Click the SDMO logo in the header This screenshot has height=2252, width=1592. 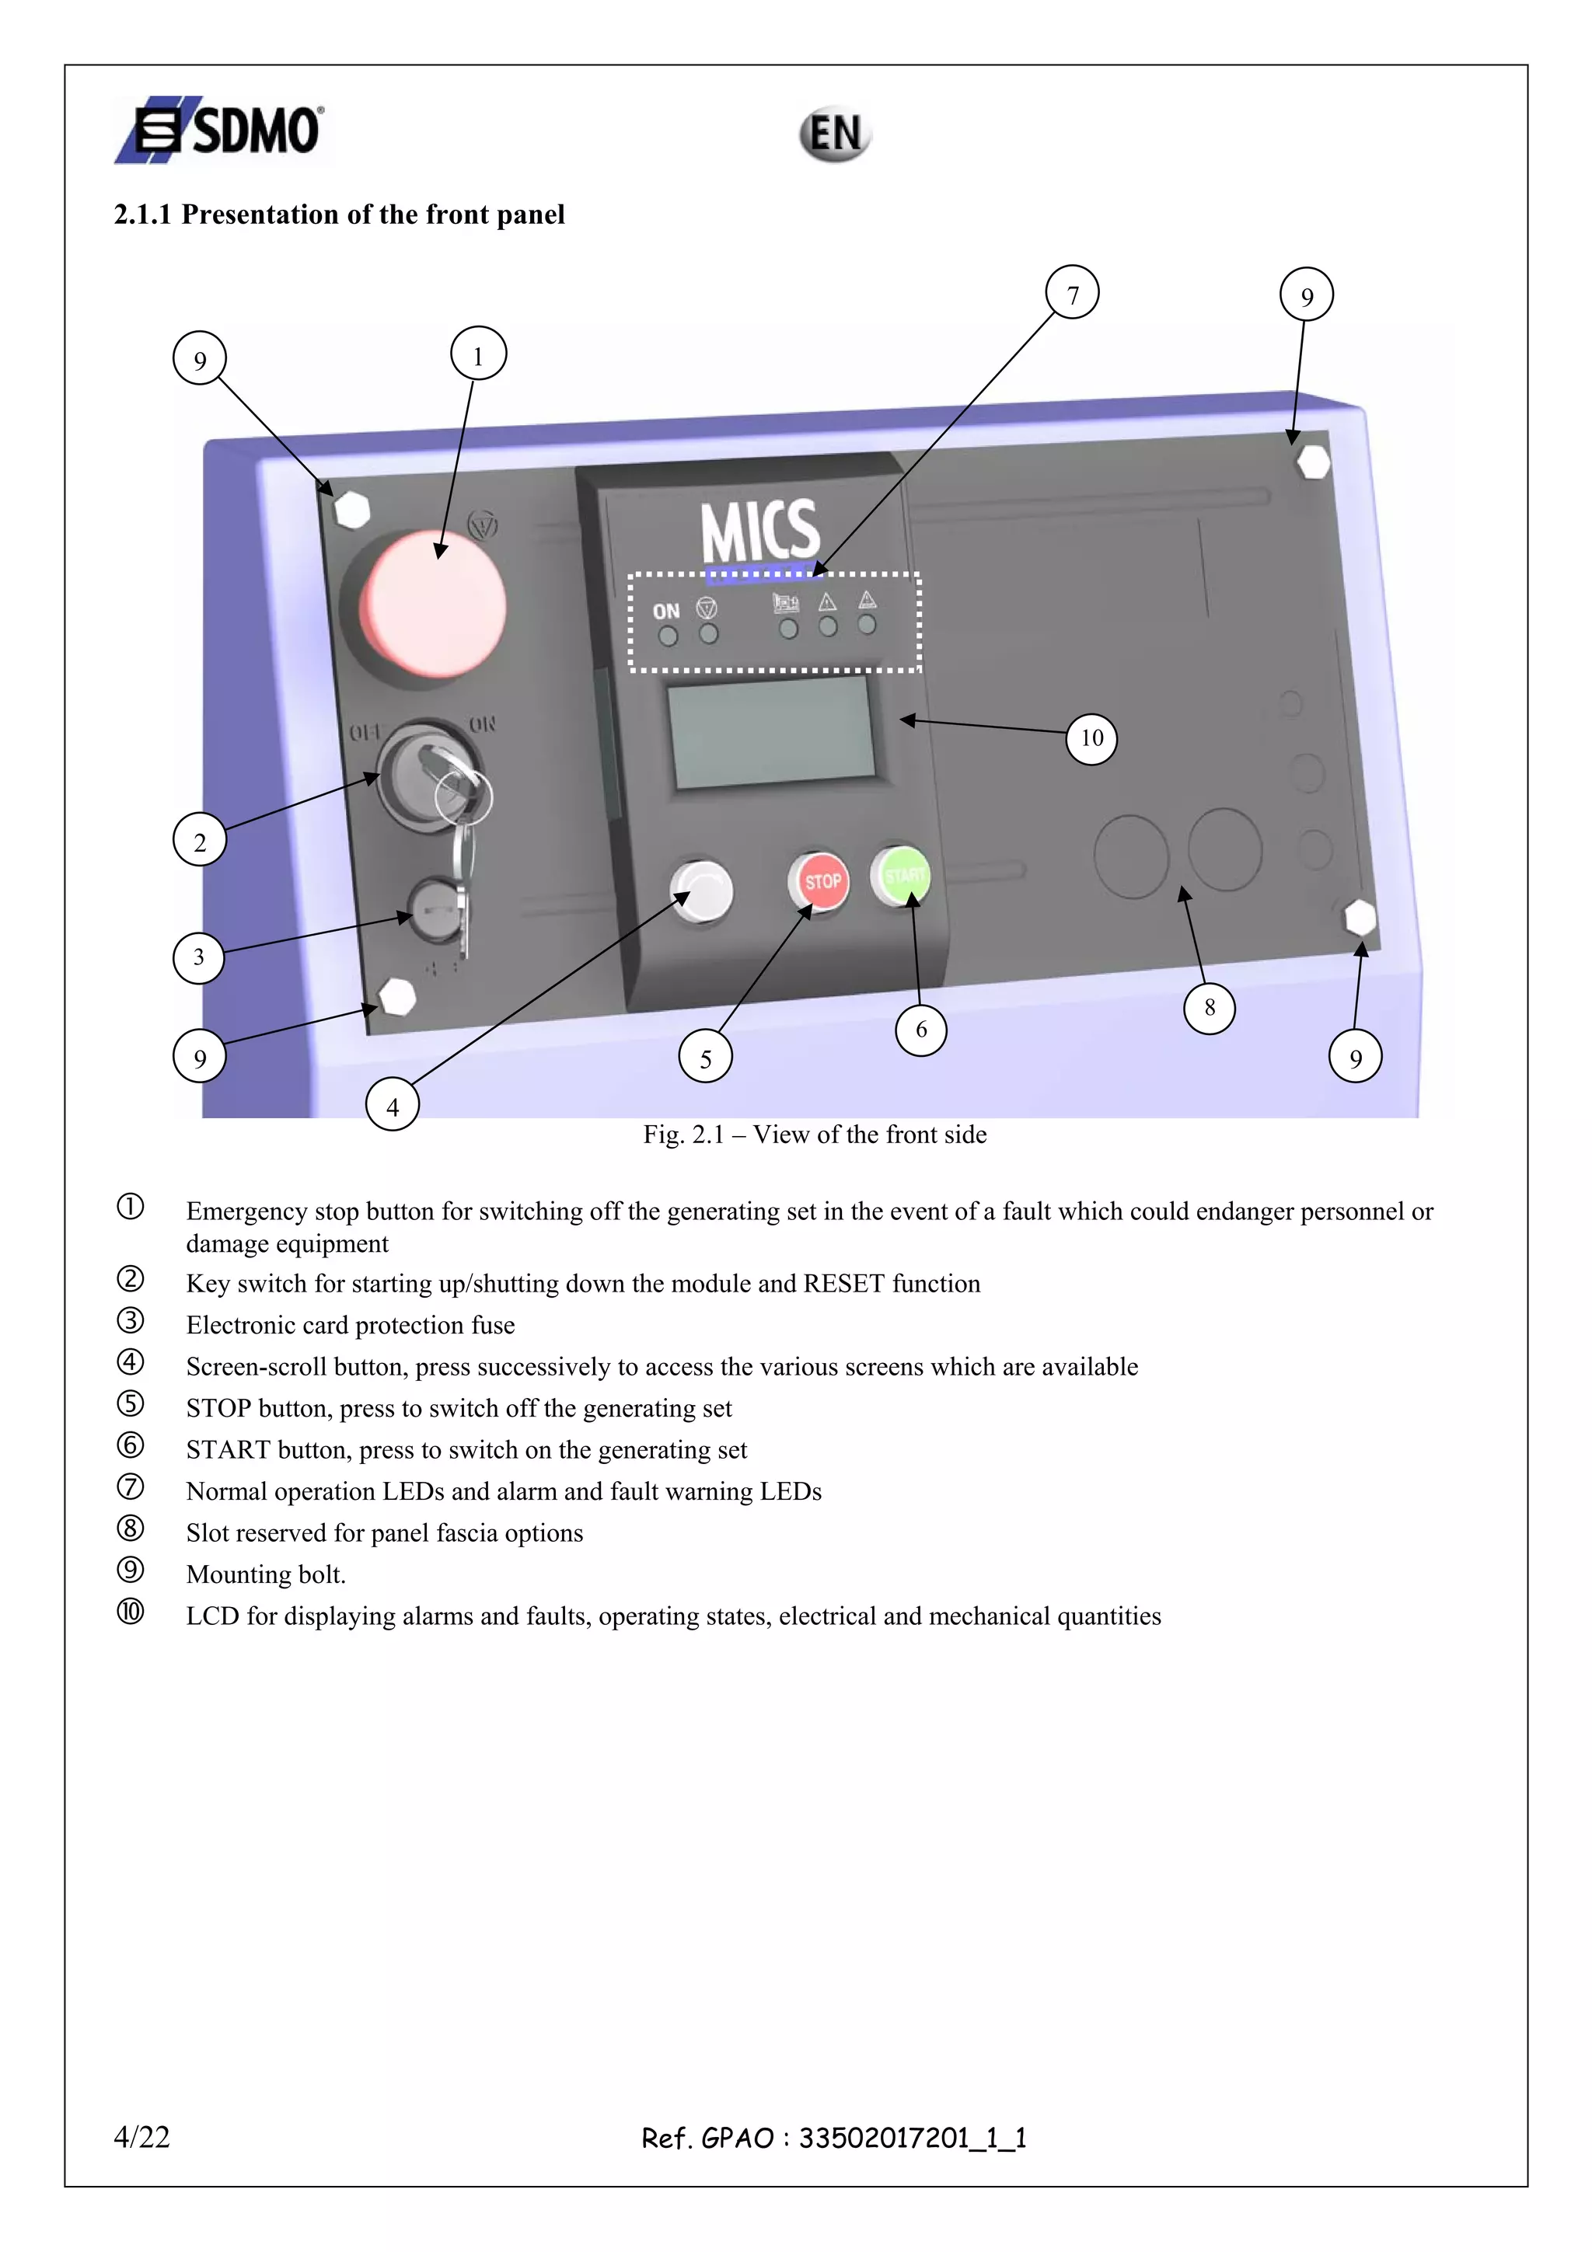[222, 130]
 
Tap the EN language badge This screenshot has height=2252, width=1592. [835, 134]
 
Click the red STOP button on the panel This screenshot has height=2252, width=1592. [820, 880]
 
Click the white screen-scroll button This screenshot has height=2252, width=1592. [702, 891]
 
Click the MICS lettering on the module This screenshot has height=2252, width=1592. [759, 531]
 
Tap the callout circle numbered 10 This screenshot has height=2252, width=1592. [1091, 737]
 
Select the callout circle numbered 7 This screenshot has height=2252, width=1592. [1072, 293]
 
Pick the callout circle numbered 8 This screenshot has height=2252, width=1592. [1209, 1007]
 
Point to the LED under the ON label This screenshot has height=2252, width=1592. [668, 636]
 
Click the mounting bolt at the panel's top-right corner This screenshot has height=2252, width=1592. [1311, 461]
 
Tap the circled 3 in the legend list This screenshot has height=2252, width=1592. [131, 1321]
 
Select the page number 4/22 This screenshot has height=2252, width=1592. [142, 2136]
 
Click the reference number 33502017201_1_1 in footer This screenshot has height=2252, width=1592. [913, 2137]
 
